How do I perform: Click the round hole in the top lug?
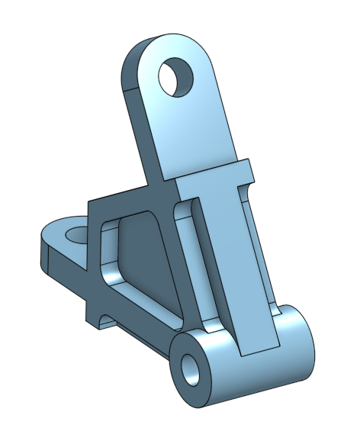(x=176, y=76)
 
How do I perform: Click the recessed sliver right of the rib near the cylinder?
(x=270, y=305)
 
